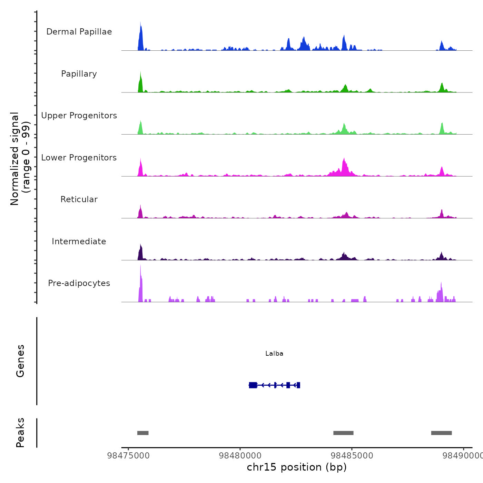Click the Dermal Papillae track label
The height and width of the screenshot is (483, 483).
coord(79,32)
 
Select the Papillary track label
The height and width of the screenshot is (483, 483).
coord(79,74)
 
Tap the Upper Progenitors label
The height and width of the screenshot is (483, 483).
coord(79,116)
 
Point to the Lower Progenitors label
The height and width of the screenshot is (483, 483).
coord(79,158)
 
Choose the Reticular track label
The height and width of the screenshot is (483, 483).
coord(79,199)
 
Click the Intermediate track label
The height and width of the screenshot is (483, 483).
coord(79,241)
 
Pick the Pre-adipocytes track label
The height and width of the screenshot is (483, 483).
coord(79,283)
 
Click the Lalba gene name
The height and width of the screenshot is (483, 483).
coord(274,354)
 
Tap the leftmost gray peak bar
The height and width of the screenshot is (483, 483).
coord(143,433)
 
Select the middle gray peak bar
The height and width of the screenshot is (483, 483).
coord(343,433)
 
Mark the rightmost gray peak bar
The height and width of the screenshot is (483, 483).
coord(441,433)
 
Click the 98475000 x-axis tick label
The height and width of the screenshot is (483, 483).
coord(128,456)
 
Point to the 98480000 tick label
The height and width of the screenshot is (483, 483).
coord(240,456)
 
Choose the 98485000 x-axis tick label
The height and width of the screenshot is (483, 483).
coord(352,456)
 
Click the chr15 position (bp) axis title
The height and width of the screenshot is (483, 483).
coord(297,467)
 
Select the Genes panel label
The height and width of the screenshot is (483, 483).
coord(20,361)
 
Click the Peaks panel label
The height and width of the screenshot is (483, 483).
coord(20,433)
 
